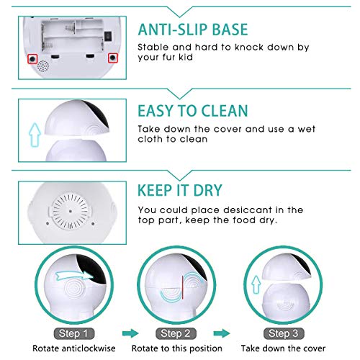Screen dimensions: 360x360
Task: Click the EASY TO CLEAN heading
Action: pos(192,111)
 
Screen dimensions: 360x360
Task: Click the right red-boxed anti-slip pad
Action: pos(112,57)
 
